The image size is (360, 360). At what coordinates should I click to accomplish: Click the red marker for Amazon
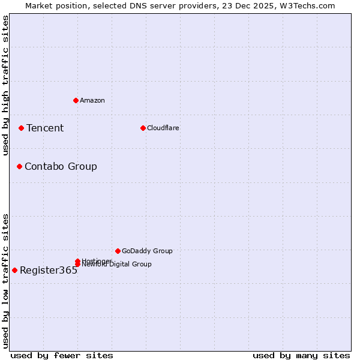point(76,100)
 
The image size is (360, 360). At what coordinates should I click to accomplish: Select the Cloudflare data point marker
point(143,128)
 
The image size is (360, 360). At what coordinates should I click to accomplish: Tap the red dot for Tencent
point(21,128)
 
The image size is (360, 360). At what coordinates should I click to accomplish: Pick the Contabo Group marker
point(19,166)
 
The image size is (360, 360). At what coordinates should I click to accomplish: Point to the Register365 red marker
point(14,270)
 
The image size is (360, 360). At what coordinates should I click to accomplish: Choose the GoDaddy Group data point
point(118,251)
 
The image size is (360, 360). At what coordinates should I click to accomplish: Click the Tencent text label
point(45,128)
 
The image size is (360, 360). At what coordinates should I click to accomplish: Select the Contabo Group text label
point(61,166)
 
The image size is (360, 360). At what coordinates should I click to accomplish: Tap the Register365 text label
point(49,270)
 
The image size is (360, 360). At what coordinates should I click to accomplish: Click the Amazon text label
point(92,100)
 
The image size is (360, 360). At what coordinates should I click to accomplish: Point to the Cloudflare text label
point(163,128)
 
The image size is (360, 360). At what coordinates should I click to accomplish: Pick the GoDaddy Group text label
point(147,251)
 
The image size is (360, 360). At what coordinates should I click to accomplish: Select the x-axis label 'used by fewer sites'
point(62,355)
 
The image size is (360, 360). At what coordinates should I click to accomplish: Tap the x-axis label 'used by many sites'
point(301,355)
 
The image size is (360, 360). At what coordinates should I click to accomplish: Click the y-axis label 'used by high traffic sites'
point(5,85)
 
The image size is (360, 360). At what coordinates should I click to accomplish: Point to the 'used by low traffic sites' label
point(5,281)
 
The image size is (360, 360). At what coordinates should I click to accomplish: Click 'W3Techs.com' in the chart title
point(308,5)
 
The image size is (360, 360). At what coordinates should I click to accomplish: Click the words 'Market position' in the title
point(53,5)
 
